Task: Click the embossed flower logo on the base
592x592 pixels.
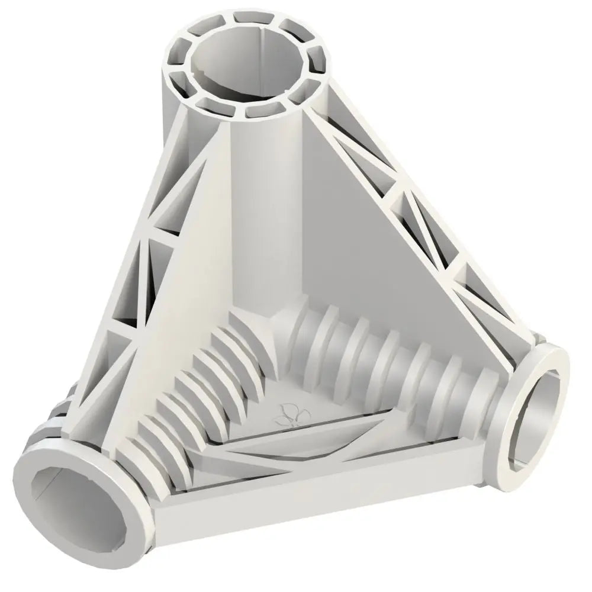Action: [x=287, y=414]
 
